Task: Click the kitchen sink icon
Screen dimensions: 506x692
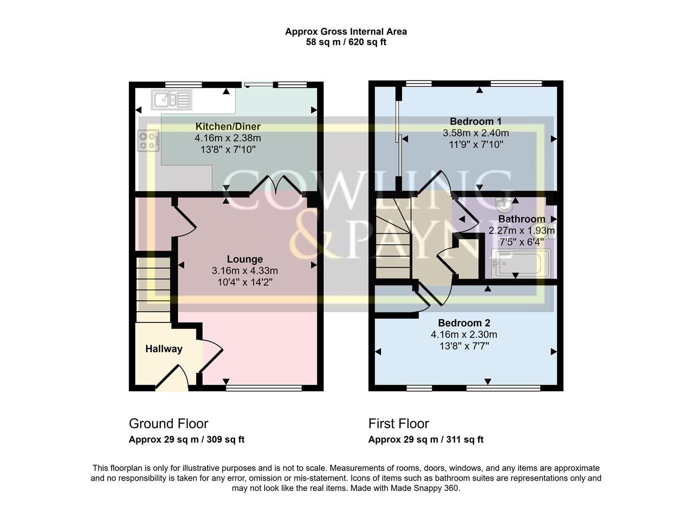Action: [x=171, y=100]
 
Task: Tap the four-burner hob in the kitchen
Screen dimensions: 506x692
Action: [x=148, y=141]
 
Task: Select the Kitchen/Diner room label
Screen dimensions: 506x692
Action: [x=228, y=126]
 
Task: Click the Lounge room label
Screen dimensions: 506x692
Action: [x=245, y=259]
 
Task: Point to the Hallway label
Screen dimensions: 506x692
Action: [x=164, y=349]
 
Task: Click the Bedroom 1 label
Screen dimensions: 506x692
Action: [x=476, y=121]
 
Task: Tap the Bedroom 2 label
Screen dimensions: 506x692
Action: [x=464, y=323]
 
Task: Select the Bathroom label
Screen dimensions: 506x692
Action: [x=521, y=219]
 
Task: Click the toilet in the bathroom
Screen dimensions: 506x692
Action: [x=549, y=231]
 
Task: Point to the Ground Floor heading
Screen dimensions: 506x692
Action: [x=168, y=424]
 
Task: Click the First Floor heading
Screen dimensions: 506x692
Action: [x=398, y=424]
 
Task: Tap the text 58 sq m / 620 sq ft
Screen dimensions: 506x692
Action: [x=346, y=42]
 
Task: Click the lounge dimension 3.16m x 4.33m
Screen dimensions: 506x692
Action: [x=245, y=271]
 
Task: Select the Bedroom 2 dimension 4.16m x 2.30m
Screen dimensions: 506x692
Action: [x=464, y=335]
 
